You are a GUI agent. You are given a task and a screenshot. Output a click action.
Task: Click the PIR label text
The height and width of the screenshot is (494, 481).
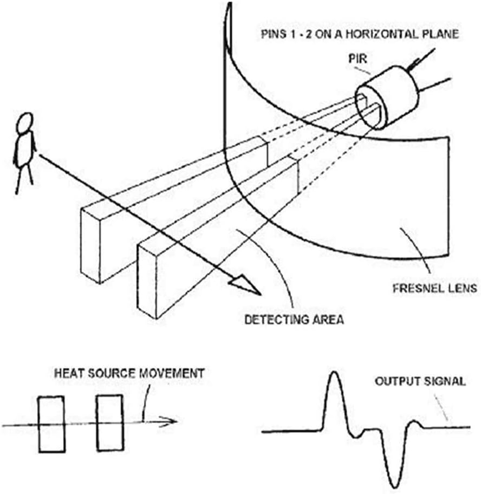(358, 58)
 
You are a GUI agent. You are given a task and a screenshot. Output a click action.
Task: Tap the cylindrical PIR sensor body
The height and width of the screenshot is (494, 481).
(387, 97)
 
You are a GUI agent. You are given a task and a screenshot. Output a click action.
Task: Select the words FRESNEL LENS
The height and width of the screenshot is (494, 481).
(435, 288)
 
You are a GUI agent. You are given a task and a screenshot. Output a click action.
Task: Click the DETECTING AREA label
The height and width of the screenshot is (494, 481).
(294, 320)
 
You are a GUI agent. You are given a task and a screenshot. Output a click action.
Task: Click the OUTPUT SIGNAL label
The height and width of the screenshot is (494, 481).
(420, 381)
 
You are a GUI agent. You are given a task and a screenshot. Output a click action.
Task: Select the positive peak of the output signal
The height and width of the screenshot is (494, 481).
(335, 373)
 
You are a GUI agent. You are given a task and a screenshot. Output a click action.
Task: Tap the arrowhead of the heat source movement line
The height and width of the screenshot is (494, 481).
(168, 421)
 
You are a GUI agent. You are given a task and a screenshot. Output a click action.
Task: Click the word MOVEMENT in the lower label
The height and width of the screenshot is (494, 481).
(172, 373)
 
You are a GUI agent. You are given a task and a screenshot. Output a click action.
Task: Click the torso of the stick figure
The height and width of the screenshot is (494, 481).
(25, 149)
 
